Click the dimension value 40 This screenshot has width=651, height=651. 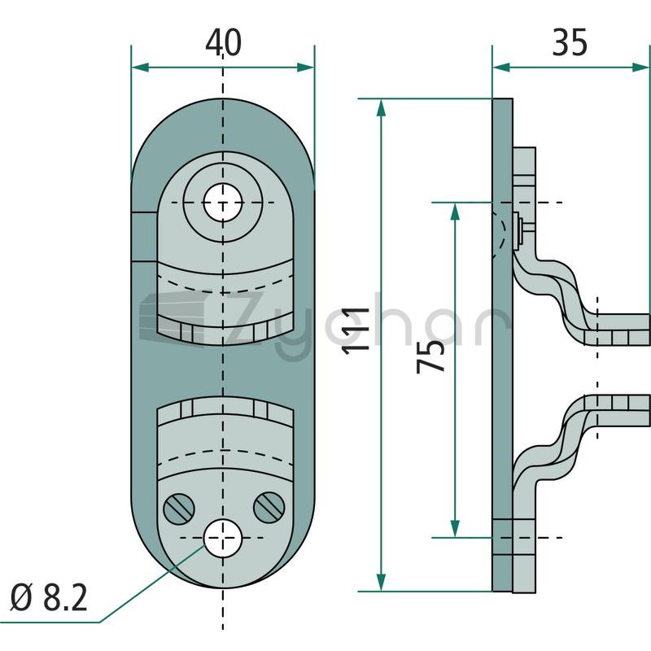pos(223,43)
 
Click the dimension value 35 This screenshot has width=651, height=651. pos(570,42)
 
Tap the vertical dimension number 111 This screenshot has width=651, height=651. pos(356,331)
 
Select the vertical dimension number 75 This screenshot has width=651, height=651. pos(430,356)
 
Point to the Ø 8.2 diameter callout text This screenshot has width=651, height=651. pos(49,598)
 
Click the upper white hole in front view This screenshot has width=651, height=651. pos(223,203)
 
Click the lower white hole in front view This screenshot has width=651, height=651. pos(223,538)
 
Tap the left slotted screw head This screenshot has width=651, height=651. pos(179,508)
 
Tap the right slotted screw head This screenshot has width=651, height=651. pos(269,507)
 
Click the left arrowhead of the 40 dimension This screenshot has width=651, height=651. pos(139,68)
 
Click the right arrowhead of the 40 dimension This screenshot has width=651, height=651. pos(306,68)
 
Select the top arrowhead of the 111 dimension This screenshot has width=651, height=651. pos(381,107)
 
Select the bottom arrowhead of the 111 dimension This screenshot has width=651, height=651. pos(381,583)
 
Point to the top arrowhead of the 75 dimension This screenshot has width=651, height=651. pos(456,212)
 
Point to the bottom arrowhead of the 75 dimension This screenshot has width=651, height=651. pos(456,529)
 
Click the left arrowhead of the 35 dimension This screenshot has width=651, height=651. pos(501,68)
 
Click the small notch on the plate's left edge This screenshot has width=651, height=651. pos(144,236)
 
